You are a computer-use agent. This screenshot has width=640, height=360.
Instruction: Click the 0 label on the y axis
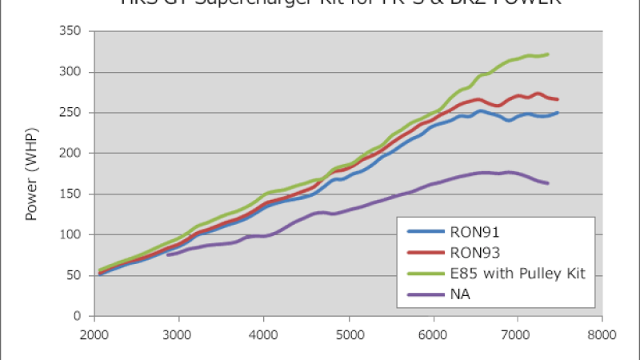pos(81,316)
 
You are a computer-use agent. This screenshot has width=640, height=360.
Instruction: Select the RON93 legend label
pos(478,253)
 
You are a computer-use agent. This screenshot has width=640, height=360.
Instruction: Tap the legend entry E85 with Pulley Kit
pos(518,274)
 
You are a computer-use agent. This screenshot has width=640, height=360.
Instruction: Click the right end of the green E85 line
pos(548,54)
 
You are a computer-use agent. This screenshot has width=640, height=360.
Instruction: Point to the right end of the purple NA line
pos(548,183)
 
